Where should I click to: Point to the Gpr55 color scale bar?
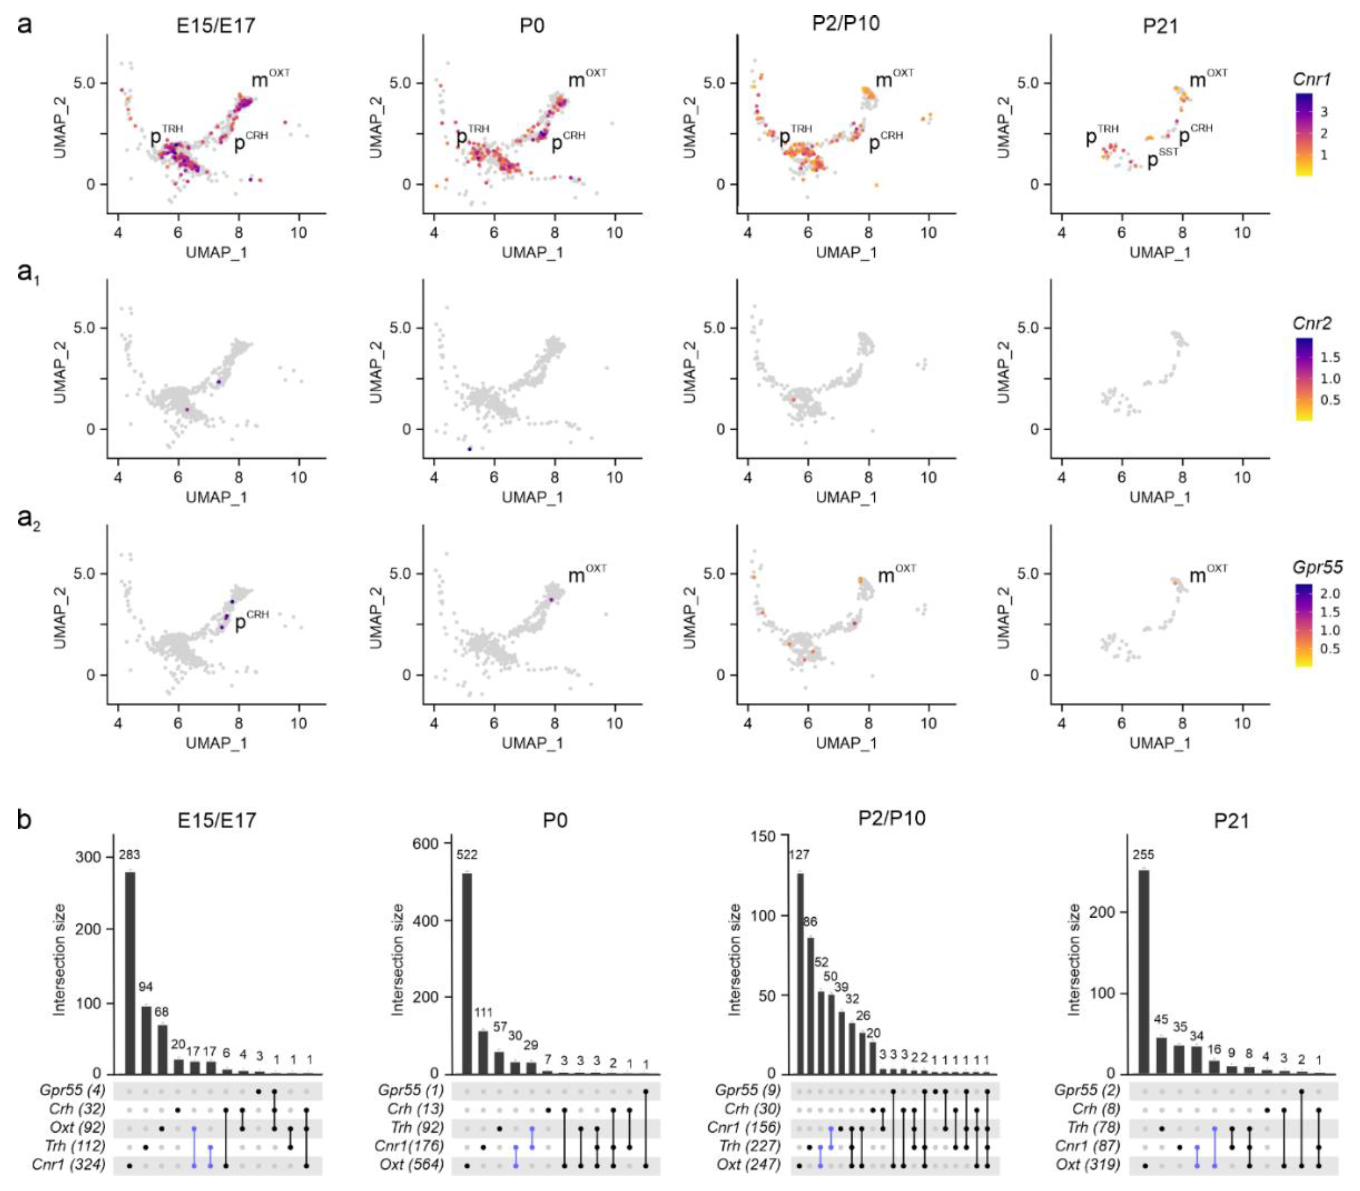point(1304,625)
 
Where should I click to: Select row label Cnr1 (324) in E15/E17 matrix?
point(69,1164)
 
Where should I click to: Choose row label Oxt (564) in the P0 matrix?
point(411,1164)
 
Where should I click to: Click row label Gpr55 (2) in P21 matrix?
point(1087,1090)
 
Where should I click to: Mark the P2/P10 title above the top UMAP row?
point(846,24)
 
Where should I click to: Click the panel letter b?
point(24,820)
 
